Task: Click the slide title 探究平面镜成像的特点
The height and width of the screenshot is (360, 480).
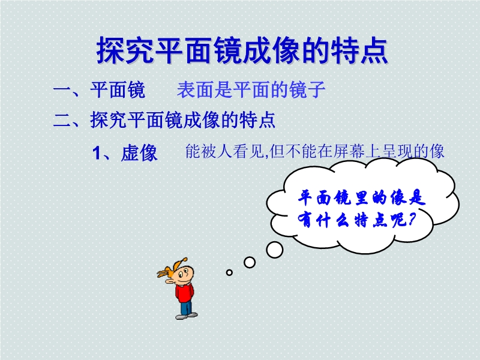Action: (242, 50)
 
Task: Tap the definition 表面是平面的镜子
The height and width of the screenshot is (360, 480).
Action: (251, 89)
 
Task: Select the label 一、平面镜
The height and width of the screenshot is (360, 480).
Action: (99, 89)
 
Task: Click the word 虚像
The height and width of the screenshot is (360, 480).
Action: (139, 153)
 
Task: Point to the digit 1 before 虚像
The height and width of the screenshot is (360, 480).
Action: (97, 153)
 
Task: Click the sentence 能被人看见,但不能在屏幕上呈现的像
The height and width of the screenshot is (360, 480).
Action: (314, 151)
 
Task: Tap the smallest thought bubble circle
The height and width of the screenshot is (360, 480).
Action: (229, 272)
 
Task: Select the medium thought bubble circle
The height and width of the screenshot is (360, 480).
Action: (250, 262)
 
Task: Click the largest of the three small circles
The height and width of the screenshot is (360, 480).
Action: (275, 250)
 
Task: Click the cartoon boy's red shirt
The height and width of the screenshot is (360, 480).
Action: (184, 293)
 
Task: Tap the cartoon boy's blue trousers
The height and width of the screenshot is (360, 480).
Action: (186, 307)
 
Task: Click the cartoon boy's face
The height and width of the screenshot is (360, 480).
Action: (185, 275)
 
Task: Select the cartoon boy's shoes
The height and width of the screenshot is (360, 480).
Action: (187, 316)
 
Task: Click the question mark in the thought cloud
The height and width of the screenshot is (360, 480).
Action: (412, 219)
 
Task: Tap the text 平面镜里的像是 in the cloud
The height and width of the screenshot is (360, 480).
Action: (362, 198)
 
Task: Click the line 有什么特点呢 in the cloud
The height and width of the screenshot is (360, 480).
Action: (353, 220)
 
